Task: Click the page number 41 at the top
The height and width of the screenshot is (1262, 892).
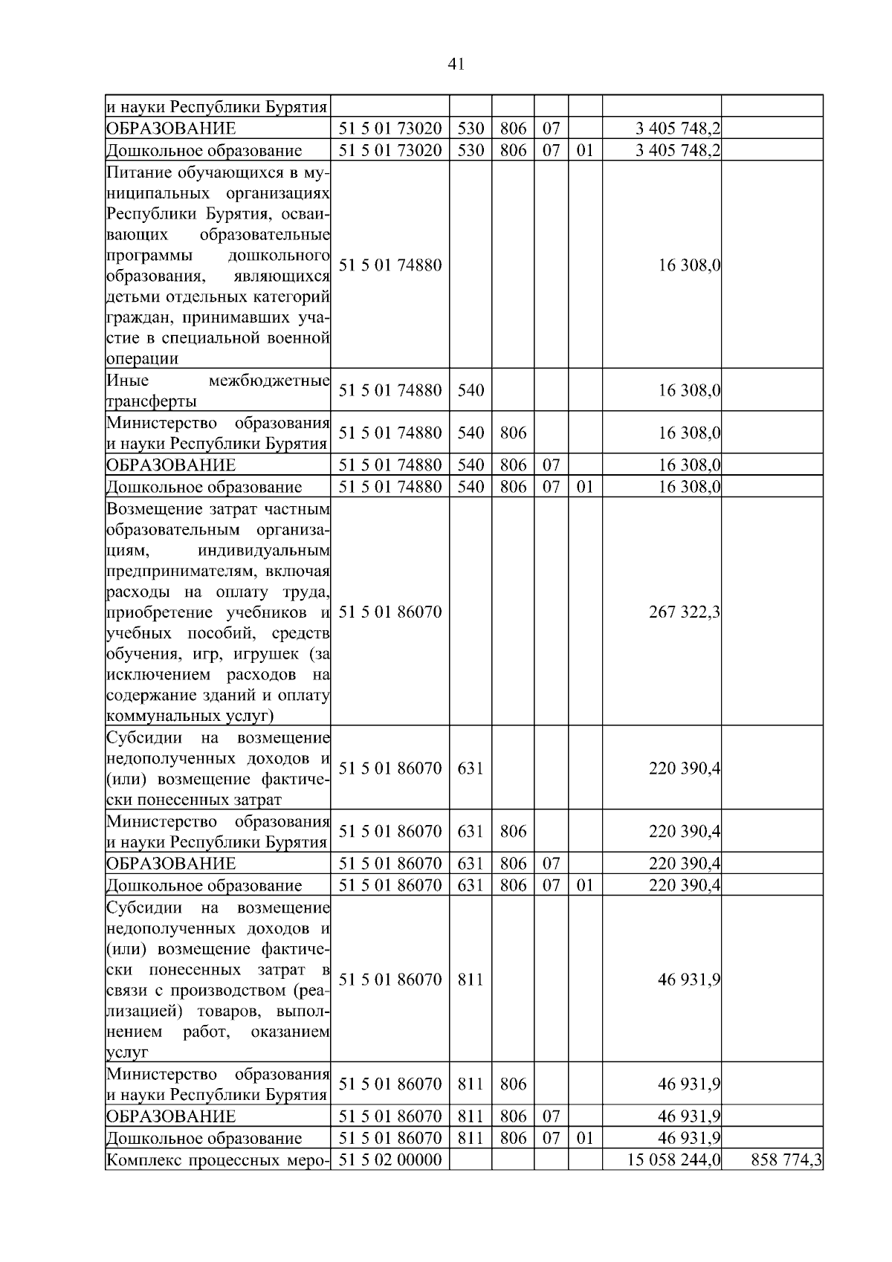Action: [x=456, y=65]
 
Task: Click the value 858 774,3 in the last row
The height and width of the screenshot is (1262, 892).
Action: [x=787, y=1159]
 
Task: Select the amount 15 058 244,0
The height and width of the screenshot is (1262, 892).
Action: [x=674, y=1159]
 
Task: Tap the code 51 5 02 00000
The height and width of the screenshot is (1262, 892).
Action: [x=390, y=1159]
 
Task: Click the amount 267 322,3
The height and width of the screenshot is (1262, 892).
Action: [x=684, y=612]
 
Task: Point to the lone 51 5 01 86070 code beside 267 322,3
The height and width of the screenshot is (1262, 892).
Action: [x=390, y=612]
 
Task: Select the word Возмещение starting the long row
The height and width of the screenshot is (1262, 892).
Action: [x=152, y=509]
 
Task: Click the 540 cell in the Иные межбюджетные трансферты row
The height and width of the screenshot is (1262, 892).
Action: [x=471, y=389]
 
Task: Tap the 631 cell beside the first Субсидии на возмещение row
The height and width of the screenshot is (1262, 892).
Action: [x=471, y=768]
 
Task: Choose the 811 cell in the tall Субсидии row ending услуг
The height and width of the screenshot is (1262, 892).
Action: [x=471, y=980]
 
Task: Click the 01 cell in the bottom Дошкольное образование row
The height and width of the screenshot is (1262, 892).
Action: [x=585, y=1138]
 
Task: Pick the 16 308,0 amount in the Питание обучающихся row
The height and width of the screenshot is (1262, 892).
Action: [x=689, y=265]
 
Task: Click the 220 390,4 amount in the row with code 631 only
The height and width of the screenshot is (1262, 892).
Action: [x=684, y=768]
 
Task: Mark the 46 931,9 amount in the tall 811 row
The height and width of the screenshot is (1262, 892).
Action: [x=689, y=980]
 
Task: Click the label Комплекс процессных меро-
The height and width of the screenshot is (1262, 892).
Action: [x=217, y=1160]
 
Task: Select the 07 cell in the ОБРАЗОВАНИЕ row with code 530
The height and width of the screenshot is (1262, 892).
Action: [x=551, y=129]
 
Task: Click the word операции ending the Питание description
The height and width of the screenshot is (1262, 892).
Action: [x=143, y=358]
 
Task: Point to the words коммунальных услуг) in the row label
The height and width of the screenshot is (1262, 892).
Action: [x=190, y=716]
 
